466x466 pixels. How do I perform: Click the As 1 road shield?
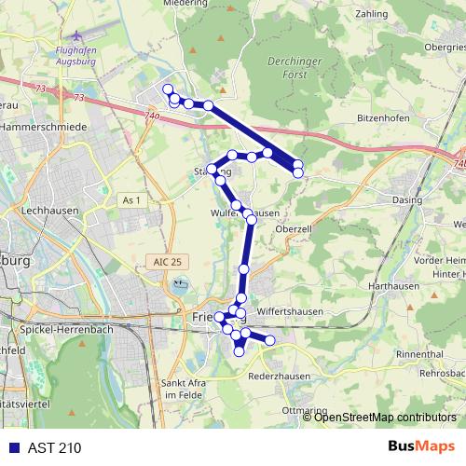tap(131, 199)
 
